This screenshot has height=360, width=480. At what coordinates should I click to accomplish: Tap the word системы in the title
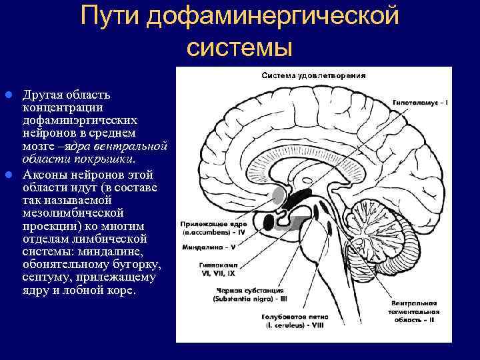240,47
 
